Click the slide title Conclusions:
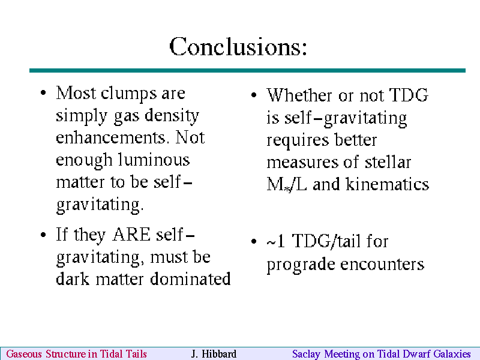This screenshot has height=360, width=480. [x=238, y=47]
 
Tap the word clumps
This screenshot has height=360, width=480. [x=128, y=94]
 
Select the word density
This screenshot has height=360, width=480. [x=172, y=116]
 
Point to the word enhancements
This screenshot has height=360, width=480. [x=112, y=137]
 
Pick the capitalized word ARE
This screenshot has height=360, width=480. [x=131, y=235]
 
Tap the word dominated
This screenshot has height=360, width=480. [x=190, y=278]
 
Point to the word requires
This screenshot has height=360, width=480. [x=297, y=140]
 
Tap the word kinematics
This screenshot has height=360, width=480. [x=388, y=184]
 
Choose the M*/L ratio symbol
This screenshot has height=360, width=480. [x=287, y=185]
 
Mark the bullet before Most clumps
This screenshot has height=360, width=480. [x=43, y=92]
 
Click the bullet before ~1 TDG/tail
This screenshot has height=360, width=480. [x=253, y=241]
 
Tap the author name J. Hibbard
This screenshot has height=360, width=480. [x=214, y=354]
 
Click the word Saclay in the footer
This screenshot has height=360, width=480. [x=306, y=354]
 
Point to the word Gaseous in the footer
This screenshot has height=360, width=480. [x=24, y=354]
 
